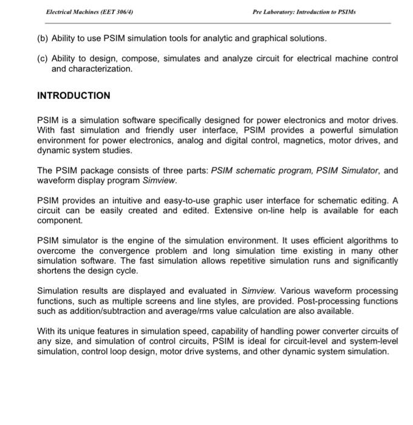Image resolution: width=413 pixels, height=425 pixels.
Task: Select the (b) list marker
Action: click(x=43, y=38)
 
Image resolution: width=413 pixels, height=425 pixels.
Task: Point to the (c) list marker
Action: click(x=43, y=58)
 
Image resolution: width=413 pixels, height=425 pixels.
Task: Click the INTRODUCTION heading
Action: click(x=73, y=95)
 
